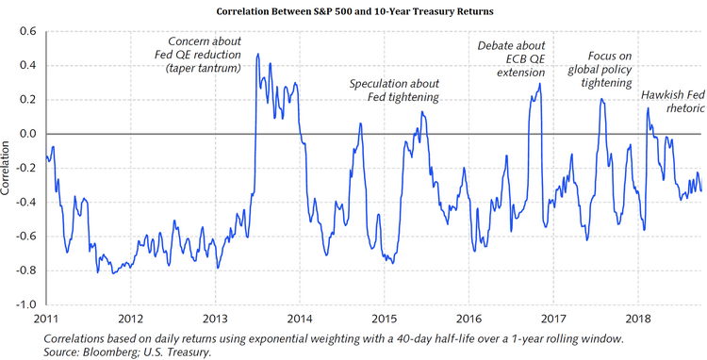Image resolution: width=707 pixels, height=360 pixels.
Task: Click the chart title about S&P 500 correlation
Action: click(x=353, y=11)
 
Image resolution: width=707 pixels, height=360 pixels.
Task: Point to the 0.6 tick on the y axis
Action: click(x=26, y=31)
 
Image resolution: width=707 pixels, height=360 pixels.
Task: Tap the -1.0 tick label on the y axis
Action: click(x=25, y=305)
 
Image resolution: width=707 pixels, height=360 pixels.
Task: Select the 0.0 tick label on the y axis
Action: click(x=26, y=134)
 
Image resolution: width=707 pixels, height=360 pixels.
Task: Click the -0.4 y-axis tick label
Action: click(x=25, y=203)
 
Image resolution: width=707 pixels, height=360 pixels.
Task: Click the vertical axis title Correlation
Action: click(x=8, y=169)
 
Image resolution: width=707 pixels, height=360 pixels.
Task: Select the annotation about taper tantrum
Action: click(x=205, y=56)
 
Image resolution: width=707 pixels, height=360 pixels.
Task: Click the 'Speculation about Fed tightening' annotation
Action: click(x=395, y=90)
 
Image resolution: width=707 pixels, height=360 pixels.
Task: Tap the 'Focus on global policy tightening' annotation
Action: click(x=603, y=69)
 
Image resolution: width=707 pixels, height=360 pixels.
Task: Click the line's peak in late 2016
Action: click(x=540, y=84)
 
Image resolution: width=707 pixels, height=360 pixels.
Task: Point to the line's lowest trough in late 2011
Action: click(x=113, y=273)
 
